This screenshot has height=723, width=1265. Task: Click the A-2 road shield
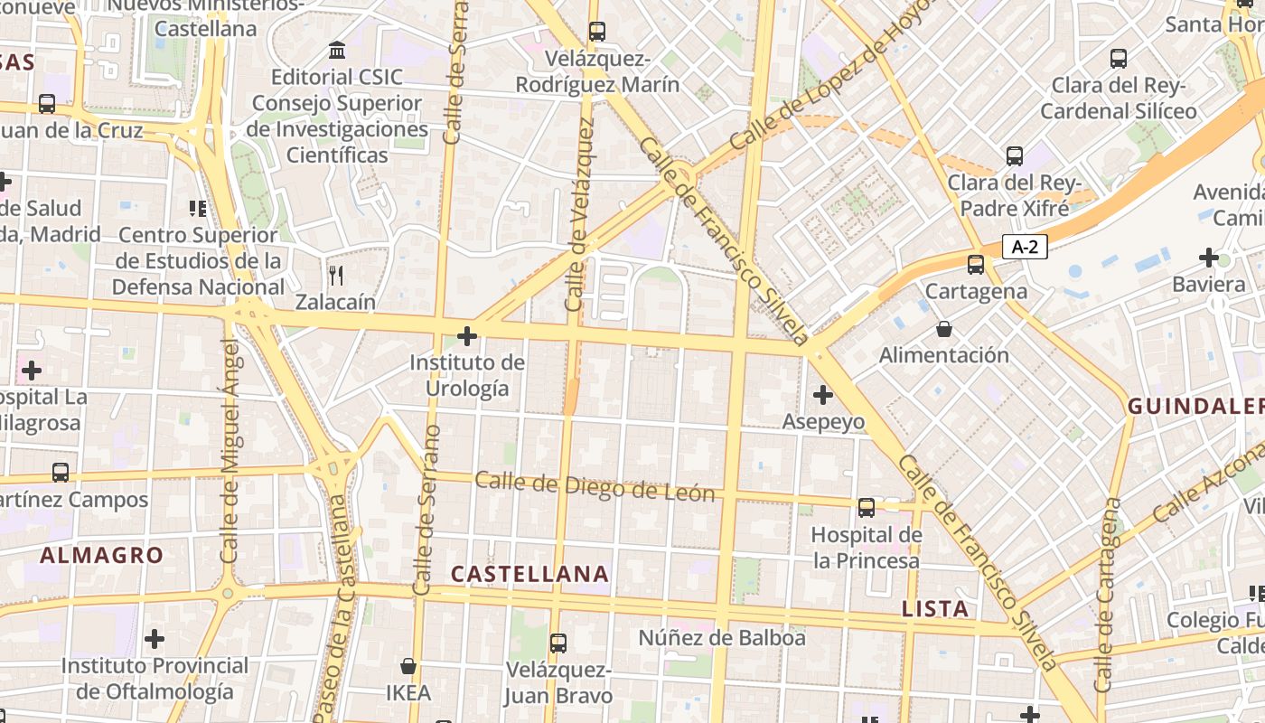[x=1025, y=247]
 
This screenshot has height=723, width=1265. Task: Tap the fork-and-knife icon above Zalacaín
[x=336, y=274]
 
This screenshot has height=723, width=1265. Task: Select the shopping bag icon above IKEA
[x=408, y=667]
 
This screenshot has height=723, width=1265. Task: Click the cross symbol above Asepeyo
[x=822, y=395]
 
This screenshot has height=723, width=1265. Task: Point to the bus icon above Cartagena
[x=976, y=265]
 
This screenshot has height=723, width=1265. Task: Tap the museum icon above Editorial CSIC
[x=337, y=50]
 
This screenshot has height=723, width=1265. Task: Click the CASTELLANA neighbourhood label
[x=529, y=574]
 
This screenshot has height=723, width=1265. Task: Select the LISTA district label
[x=935, y=609]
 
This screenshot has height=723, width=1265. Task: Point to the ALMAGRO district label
[x=102, y=555]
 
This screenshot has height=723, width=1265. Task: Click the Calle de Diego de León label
[x=595, y=487]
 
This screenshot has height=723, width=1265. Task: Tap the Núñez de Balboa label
[x=722, y=638]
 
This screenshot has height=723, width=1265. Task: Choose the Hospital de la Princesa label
[x=867, y=548]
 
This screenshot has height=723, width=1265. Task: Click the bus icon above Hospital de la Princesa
[x=867, y=507]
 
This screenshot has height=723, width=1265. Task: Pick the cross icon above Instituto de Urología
[x=466, y=337]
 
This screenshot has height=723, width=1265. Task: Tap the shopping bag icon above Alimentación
[x=944, y=329]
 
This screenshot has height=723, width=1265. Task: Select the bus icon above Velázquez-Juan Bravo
[x=558, y=643]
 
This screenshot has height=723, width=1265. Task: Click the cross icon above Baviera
[x=1209, y=258]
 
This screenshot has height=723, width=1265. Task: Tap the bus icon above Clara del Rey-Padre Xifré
[x=1015, y=155]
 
